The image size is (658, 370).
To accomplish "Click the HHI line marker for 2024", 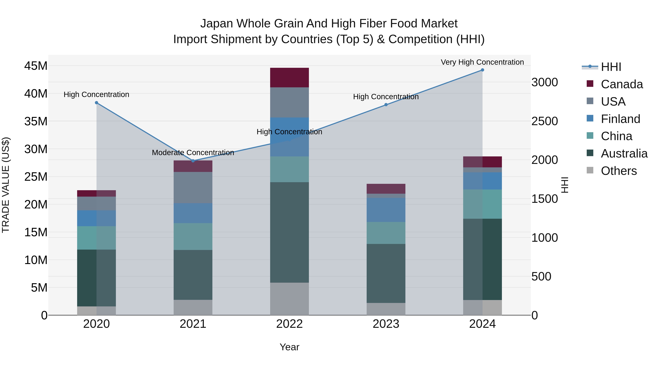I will click(x=482, y=70).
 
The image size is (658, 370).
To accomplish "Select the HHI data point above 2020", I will click(x=97, y=103).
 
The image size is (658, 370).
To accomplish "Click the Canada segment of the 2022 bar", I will click(x=289, y=78).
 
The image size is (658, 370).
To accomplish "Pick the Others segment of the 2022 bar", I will click(x=289, y=299).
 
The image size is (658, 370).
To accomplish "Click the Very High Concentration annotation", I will click(x=482, y=62).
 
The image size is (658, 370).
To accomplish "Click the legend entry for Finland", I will click(x=620, y=119).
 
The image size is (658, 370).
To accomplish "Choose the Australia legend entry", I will click(x=624, y=153).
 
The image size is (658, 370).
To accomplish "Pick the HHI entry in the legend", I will click(x=611, y=67).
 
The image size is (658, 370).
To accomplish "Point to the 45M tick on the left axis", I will click(x=36, y=66).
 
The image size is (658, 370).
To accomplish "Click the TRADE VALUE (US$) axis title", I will click(x=6, y=185).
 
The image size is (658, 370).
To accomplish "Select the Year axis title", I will click(x=289, y=347).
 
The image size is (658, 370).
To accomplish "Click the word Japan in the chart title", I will click(x=217, y=24).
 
